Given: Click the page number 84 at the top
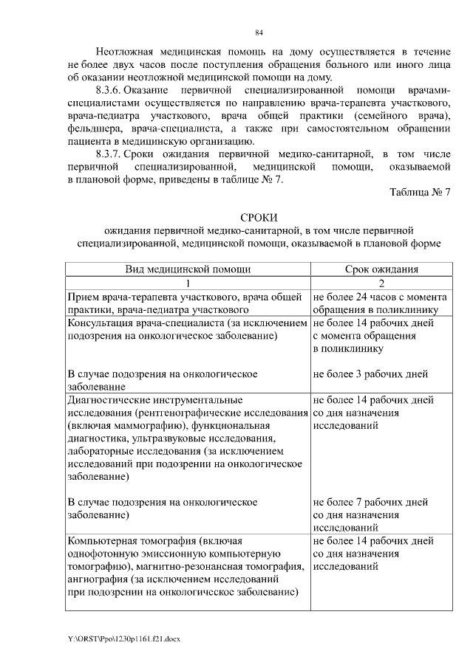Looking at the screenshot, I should coord(259,32).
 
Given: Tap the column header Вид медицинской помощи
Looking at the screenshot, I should coord(188,269).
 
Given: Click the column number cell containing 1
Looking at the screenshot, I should coord(188,283).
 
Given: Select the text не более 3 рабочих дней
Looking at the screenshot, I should coord(372,373).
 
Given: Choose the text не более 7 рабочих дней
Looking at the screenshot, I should coord(372,502).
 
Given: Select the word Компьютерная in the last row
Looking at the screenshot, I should coord(103,540).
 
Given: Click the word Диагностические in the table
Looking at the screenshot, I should coord(109,400).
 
